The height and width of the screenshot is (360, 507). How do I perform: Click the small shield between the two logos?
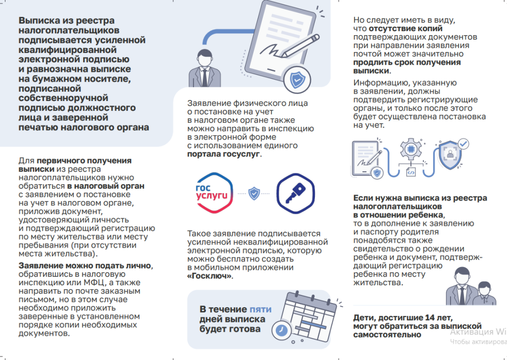point(254,193)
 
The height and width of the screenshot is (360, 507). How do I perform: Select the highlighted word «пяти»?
point(260,309)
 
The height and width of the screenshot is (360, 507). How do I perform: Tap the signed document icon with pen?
point(367,157)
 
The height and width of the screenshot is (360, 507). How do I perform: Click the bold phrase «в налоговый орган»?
point(106,186)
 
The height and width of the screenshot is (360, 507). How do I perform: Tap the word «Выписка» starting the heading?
point(39,21)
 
